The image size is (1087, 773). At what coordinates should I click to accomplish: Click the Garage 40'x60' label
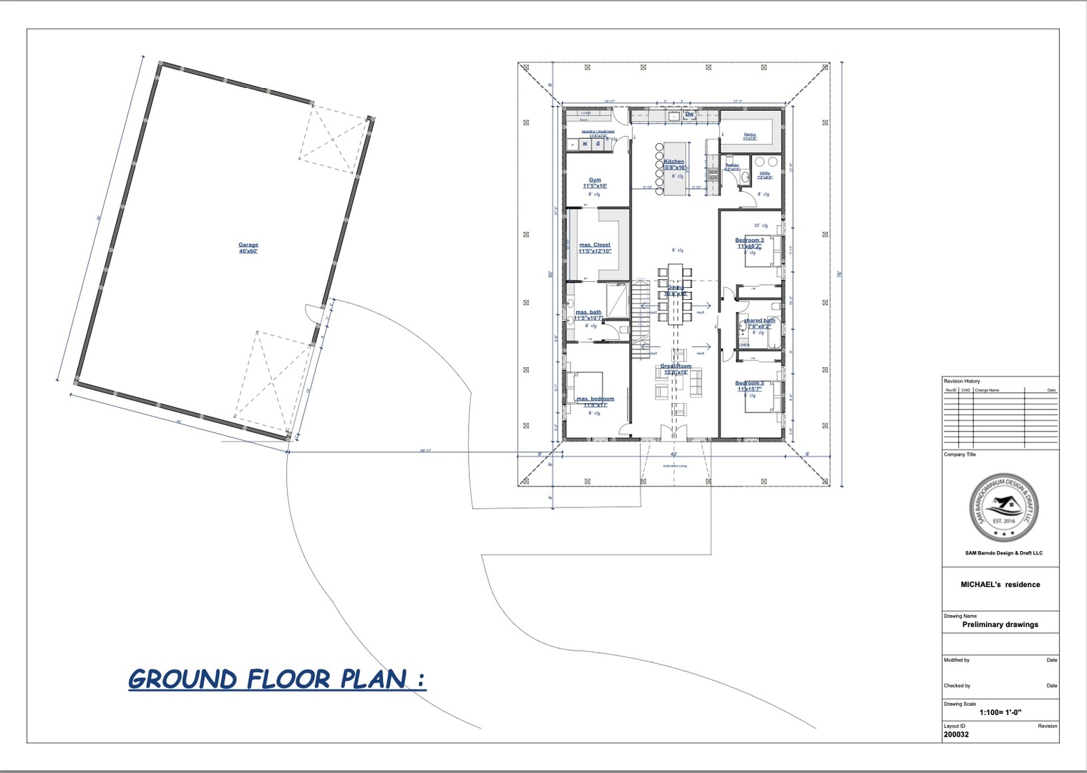(x=248, y=248)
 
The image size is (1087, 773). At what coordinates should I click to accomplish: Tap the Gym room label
(x=595, y=183)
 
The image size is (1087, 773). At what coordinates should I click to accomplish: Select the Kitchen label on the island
(x=674, y=164)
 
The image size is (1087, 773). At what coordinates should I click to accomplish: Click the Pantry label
(x=749, y=135)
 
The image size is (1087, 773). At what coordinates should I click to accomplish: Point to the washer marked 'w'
(x=585, y=144)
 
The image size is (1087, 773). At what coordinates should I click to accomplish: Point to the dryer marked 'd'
(x=598, y=144)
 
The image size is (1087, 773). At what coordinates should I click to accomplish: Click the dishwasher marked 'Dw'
(x=690, y=115)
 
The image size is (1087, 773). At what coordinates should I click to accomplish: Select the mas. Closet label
(x=595, y=248)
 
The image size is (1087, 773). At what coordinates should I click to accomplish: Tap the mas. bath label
(x=589, y=314)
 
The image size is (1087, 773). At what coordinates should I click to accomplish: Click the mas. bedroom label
(x=595, y=402)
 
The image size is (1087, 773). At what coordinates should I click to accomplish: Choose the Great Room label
(x=676, y=369)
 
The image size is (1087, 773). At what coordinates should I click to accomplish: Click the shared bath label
(x=759, y=323)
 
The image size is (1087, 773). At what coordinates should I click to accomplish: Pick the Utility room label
(x=765, y=175)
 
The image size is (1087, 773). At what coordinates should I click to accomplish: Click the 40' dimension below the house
(x=673, y=454)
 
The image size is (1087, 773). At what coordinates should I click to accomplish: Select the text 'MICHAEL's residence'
(x=1000, y=585)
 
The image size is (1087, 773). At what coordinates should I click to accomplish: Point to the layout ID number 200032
(x=956, y=734)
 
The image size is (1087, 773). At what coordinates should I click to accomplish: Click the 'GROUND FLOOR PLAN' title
(x=277, y=679)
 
